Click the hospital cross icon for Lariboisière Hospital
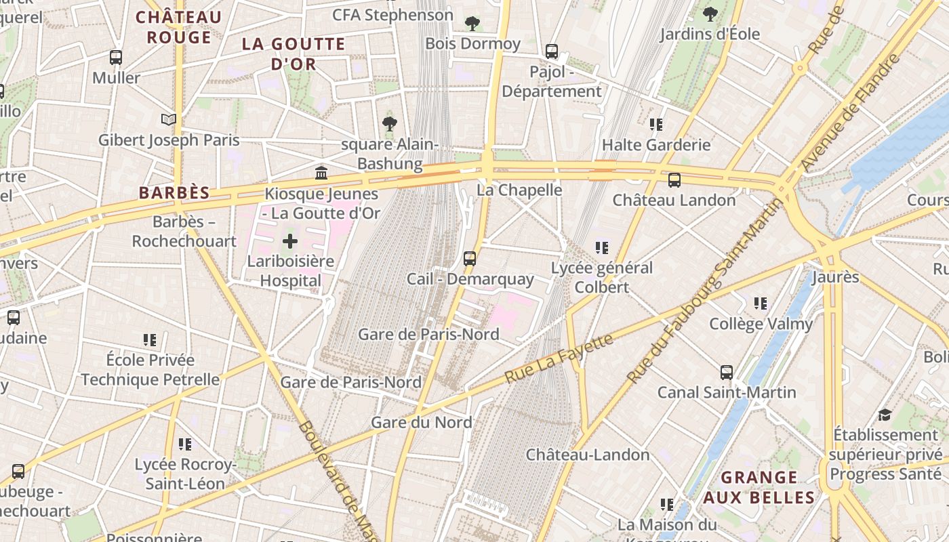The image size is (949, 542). point(290,241)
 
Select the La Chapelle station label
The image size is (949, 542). point(519,190)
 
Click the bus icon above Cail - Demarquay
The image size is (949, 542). point(470,258)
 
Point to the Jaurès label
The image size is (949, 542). point(835,276)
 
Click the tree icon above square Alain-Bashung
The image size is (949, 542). point(389,123)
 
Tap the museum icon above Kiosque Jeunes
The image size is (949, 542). point(321,173)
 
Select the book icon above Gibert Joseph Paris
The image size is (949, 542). point(169,120)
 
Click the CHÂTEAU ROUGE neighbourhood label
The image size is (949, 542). point(179,27)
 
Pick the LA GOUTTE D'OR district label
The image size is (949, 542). point(294,54)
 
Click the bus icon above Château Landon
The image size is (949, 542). point(674,180)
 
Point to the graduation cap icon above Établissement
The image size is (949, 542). point(885,414)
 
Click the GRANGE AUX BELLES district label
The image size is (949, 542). point(759,488)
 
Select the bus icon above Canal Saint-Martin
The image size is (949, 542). point(727,372)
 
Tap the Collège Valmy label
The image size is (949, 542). point(761,324)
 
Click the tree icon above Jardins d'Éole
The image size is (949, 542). point(710,14)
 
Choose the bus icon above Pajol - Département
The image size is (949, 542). point(552,51)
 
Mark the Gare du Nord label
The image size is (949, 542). point(421,422)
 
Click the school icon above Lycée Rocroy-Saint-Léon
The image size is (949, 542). point(184,444)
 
